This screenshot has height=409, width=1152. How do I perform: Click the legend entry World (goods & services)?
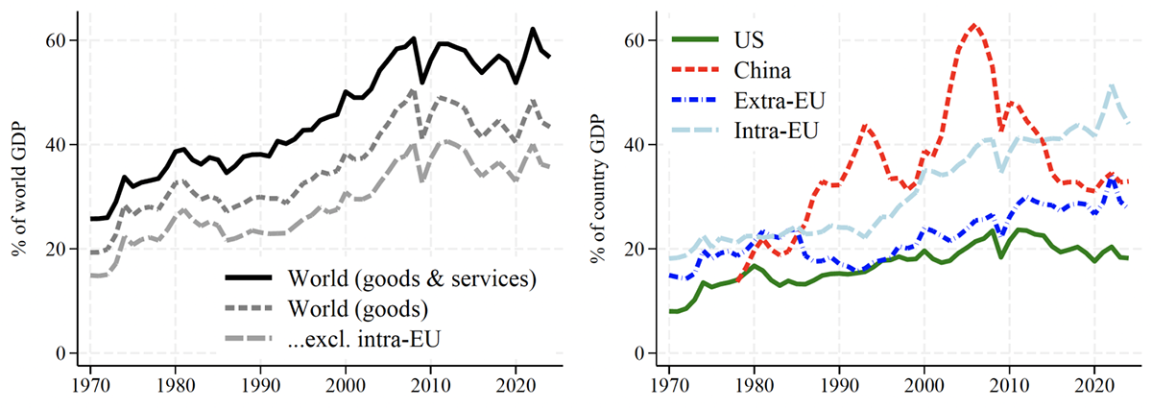(380, 278)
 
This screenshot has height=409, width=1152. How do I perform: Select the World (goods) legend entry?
(326, 309)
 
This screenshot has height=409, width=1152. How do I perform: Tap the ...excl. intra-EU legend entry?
(333, 339)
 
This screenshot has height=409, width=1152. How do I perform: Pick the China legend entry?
(732, 70)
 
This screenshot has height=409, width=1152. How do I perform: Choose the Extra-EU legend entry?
(748, 100)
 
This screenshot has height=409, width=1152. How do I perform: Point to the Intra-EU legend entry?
(745, 131)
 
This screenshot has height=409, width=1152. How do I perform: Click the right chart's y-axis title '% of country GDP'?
(598, 190)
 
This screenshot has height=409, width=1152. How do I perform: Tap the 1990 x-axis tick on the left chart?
(260, 386)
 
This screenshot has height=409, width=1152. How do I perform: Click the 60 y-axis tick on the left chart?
(56, 40)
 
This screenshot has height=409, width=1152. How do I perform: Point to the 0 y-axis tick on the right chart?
(638, 353)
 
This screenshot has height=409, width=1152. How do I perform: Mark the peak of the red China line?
(973, 25)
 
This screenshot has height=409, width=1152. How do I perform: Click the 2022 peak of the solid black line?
(532, 29)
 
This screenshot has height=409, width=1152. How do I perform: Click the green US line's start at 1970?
(670, 311)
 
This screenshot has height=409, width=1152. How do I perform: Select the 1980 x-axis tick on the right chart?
(754, 386)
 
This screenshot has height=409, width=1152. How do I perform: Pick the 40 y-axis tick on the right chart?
(635, 145)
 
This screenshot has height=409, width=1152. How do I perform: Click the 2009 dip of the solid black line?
(422, 83)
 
